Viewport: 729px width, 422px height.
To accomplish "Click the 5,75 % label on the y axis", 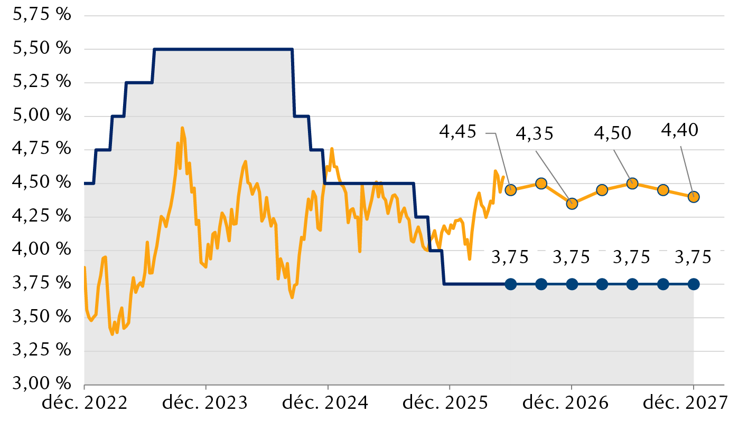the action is click(x=42, y=15).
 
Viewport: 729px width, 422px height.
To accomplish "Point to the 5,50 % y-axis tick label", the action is click(x=42, y=48).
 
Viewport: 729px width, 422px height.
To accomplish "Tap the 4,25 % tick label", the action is click(x=42, y=216).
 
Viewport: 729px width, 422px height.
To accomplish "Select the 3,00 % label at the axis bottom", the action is click(x=42, y=383).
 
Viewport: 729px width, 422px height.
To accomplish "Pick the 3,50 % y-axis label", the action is click(x=42, y=316).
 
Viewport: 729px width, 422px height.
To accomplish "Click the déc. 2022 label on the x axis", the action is click(x=85, y=403).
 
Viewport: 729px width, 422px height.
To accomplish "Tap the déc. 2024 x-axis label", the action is click(x=325, y=403).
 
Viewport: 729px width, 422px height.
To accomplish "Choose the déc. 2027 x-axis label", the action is click(x=686, y=403).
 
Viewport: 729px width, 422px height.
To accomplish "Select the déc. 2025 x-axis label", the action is click(x=445, y=403).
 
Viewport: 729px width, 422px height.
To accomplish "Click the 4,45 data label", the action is click(x=457, y=132).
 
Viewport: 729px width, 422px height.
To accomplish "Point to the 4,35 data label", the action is click(x=535, y=134).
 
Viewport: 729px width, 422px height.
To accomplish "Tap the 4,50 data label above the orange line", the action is click(x=612, y=133).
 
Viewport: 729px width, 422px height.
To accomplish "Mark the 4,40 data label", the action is click(x=679, y=131).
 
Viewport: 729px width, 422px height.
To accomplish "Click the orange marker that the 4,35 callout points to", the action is click(x=572, y=204).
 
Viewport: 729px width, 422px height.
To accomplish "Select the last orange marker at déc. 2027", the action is click(x=694, y=197).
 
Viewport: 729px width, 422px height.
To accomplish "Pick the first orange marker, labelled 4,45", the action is click(x=511, y=190).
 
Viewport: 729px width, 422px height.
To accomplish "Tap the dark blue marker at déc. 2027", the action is click(x=694, y=284).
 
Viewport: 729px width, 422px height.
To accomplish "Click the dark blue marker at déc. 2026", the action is click(x=572, y=284).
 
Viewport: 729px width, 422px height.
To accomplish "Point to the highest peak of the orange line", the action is click(x=182, y=128).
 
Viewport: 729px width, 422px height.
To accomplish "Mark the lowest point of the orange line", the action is click(x=113, y=334).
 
